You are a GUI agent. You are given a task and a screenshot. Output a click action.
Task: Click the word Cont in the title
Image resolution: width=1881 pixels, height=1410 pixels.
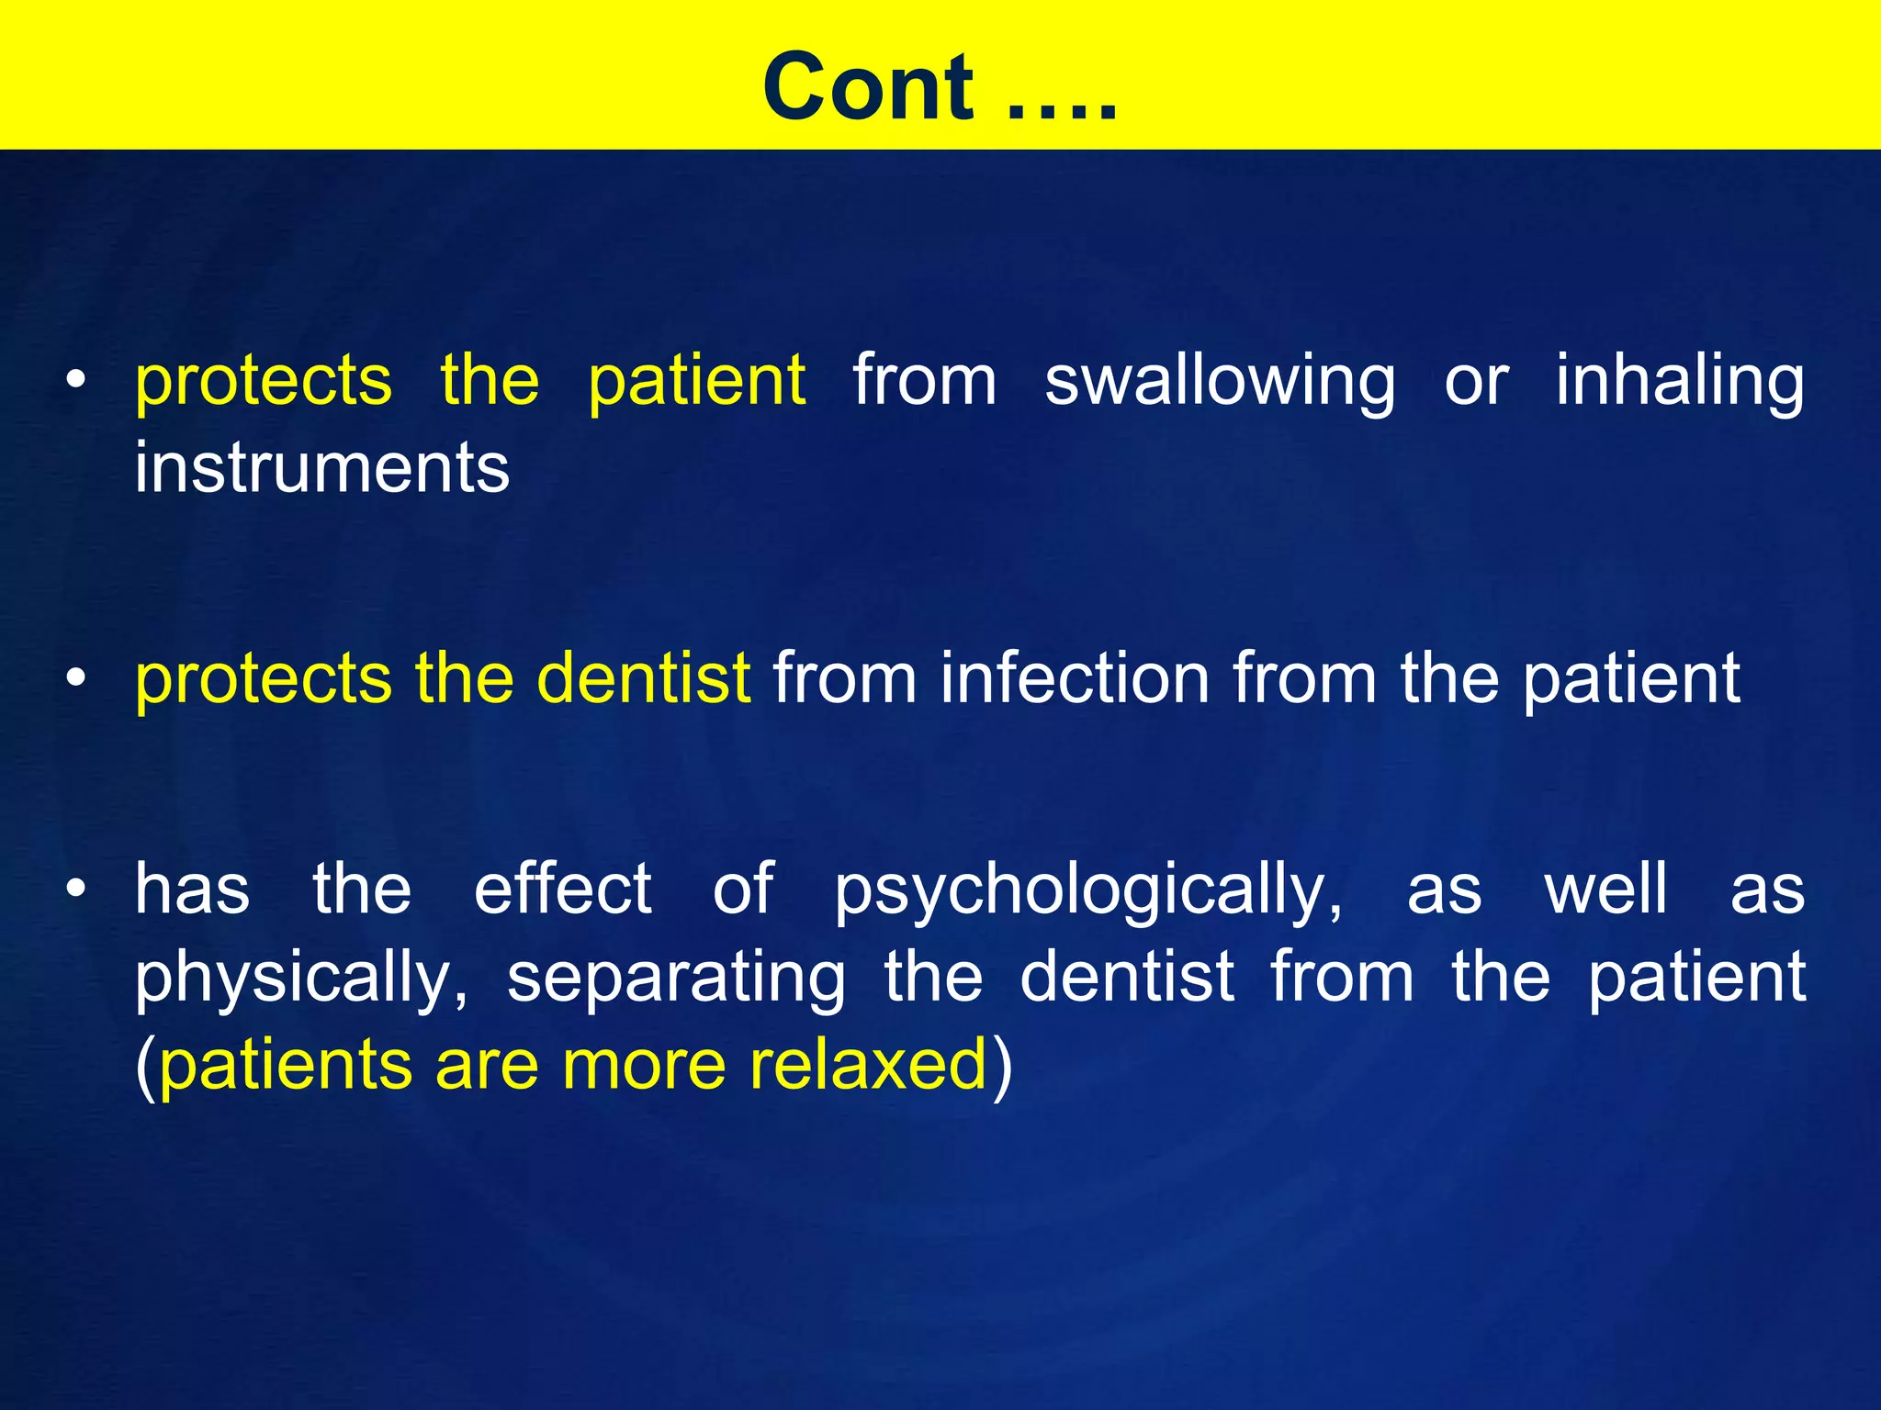pyautogui.click(x=868, y=87)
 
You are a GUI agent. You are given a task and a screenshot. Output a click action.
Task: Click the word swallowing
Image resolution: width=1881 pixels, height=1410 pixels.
pyautogui.click(x=1220, y=381)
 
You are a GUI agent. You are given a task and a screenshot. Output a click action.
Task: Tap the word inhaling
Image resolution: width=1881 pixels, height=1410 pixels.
pyautogui.click(x=1679, y=381)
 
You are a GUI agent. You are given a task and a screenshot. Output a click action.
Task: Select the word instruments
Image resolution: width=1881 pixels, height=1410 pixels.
pyautogui.click(x=321, y=467)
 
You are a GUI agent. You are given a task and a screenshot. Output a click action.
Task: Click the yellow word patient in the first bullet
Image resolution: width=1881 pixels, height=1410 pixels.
pyautogui.click(x=696, y=381)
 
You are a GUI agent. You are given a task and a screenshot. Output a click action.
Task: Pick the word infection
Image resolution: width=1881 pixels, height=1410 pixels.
pyautogui.click(x=1075, y=678)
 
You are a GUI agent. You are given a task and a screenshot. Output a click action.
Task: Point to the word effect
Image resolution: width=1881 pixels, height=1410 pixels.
pyautogui.click(x=562, y=888)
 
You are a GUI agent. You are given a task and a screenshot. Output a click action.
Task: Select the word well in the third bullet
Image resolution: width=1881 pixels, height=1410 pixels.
pyautogui.click(x=1605, y=888)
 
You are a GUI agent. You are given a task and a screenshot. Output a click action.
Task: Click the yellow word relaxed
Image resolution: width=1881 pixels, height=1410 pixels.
pyautogui.click(x=868, y=1065)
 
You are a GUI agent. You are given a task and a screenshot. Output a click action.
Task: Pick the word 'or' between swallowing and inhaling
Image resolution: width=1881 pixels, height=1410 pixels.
pyautogui.click(x=1475, y=381)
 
